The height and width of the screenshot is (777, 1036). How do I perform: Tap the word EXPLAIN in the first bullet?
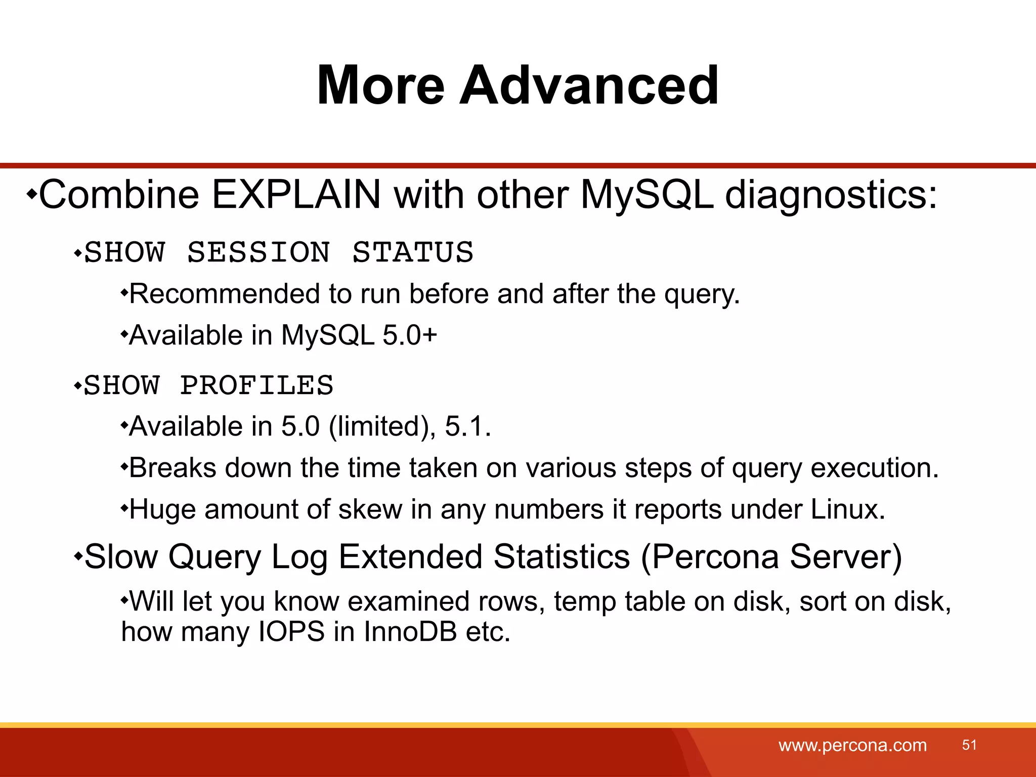click(296, 195)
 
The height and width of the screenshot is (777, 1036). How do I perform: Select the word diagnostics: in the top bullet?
click(831, 195)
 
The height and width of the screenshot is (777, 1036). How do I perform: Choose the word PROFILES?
click(257, 385)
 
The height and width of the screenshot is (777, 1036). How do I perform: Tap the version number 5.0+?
click(410, 335)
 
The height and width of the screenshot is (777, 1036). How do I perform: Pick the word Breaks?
click(172, 468)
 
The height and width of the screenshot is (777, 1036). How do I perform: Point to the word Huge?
click(162, 509)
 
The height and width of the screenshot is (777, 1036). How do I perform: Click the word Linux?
click(848, 509)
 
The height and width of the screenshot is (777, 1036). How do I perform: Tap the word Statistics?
click(562, 557)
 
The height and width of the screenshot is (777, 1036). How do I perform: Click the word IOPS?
click(291, 632)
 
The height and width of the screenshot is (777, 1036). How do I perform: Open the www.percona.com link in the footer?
click(852, 745)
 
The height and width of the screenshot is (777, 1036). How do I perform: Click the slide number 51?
click(969, 745)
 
